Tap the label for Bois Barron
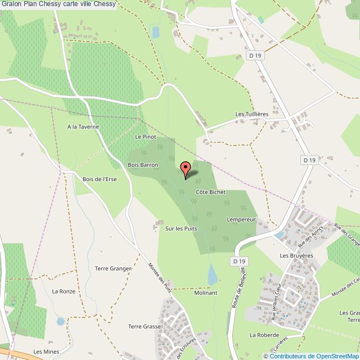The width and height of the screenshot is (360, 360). click(143, 165)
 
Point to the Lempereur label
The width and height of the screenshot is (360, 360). click(241, 219)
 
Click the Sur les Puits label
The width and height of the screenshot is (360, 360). click(181, 228)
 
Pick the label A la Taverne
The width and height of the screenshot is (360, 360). click(83, 127)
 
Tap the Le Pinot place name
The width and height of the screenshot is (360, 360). click(146, 136)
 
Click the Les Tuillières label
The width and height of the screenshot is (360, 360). click(252, 114)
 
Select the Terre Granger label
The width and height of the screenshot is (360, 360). click(113, 269)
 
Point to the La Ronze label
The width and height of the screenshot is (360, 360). click(63, 291)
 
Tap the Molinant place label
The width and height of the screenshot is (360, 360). click(206, 292)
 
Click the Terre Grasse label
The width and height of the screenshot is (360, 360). click(144, 326)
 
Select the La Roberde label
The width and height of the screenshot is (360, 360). click(263, 335)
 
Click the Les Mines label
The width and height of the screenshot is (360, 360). click(46, 352)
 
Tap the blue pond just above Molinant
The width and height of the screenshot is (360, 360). click(212, 274)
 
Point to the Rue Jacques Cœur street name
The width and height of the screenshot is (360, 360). click(277, 302)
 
